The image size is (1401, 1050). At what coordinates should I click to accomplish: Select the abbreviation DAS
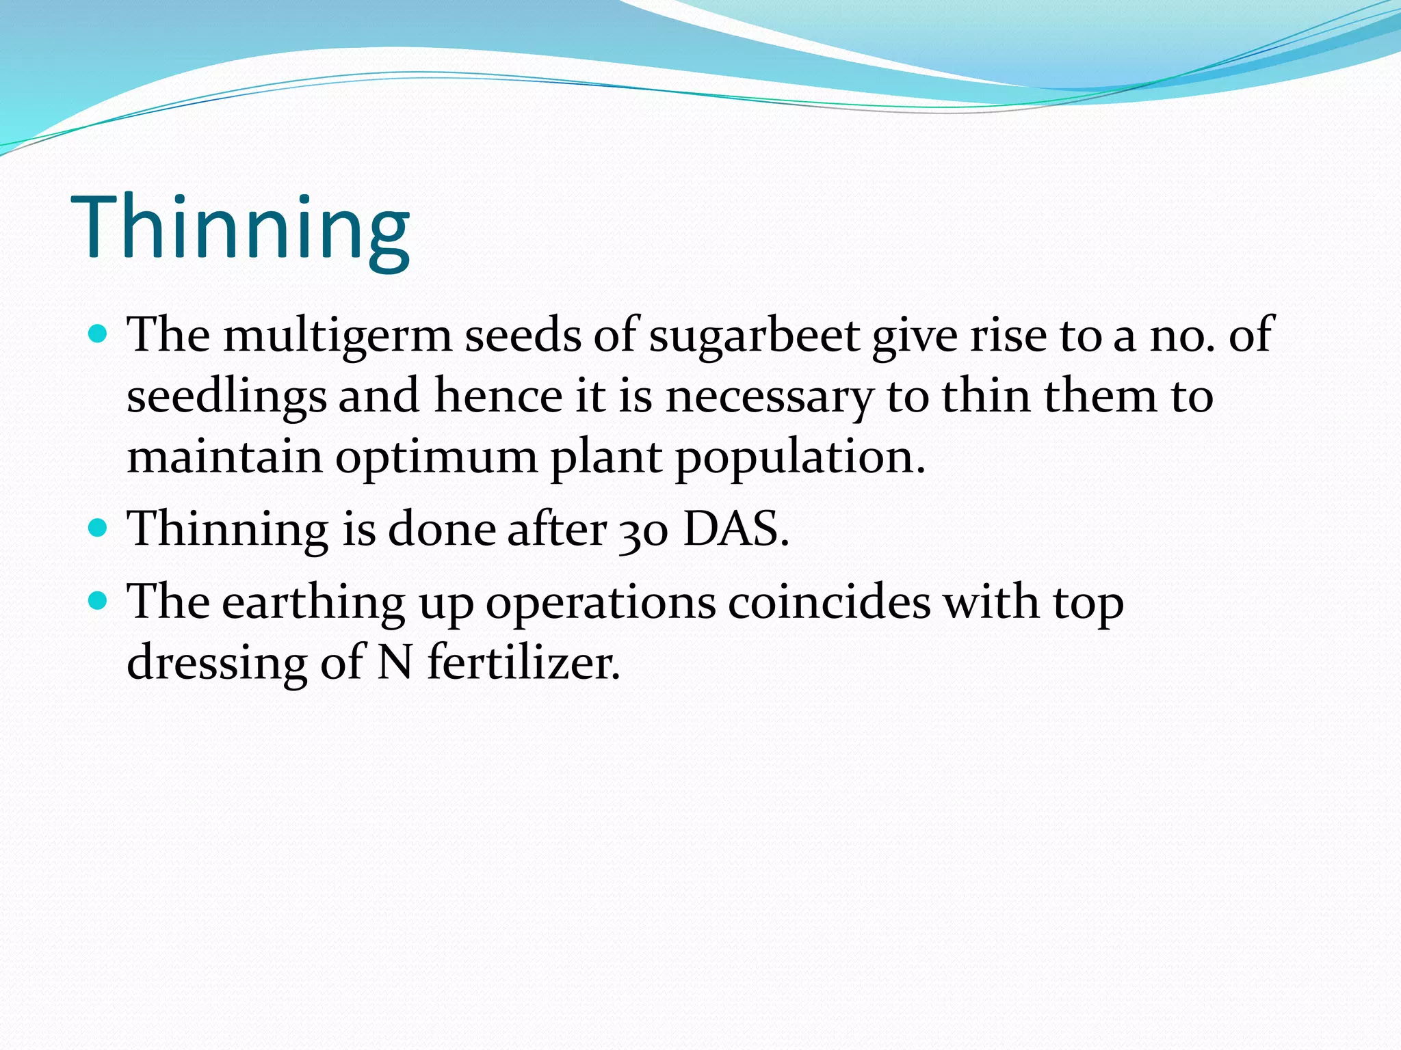[x=736, y=530]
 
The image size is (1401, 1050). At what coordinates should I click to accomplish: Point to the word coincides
[x=829, y=602]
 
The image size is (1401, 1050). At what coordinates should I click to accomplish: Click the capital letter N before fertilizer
[x=395, y=663]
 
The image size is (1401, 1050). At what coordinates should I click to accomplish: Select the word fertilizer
[x=523, y=663]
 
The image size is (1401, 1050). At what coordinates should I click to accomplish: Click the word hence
[x=498, y=396]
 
